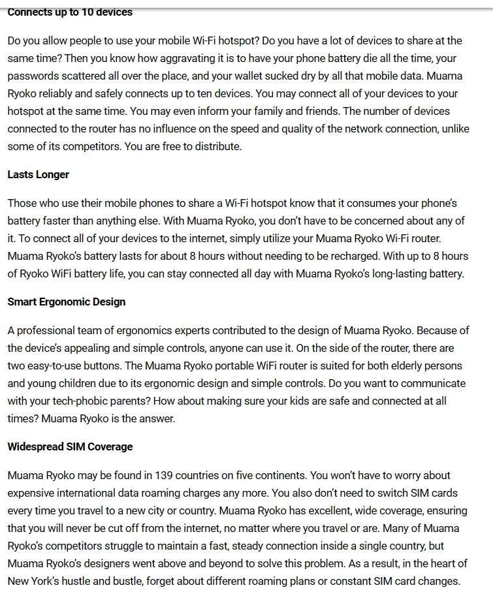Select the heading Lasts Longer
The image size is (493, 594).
coord(38,174)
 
